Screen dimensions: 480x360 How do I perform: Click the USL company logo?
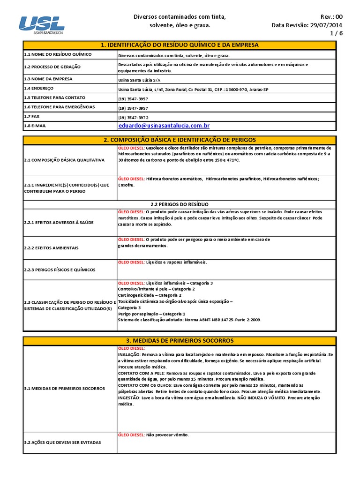(x=41, y=25)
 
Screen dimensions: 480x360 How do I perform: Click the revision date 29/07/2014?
(x=327, y=25)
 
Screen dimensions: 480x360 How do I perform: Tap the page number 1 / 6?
(x=336, y=34)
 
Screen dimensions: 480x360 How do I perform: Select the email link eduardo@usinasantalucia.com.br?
(x=164, y=126)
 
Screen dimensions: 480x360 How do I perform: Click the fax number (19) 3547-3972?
(x=133, y=117)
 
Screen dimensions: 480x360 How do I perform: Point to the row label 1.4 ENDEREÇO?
(x=39, y=88)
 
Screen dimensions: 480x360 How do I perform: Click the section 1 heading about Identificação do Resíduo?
(x=180, y=45)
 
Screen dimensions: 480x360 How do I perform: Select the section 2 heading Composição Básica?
(x=180, y=140)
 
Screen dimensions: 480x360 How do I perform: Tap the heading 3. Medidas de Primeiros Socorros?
(x=180, y=340)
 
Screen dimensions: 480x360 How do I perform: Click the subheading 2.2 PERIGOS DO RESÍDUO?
(x=180, y=204)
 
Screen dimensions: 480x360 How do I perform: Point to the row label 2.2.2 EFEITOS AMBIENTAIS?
(x=51, y=247)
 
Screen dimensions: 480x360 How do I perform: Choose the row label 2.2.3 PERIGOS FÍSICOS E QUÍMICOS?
(x=59, y=270)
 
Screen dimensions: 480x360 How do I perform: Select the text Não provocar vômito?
(x=167, y=435)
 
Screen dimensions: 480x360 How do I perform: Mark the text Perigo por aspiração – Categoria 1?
(x=151, y=314)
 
